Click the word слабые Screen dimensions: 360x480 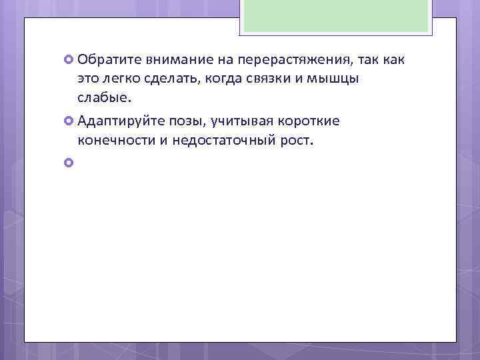[x=105, y=99]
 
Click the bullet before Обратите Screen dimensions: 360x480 [x=69, y=60]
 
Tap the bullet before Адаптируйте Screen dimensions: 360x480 [x=69, y=121]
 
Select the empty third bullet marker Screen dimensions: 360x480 [x=69, y=162]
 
